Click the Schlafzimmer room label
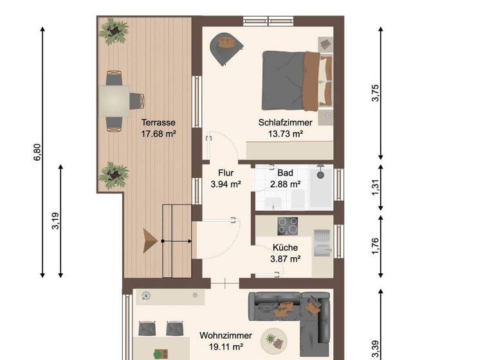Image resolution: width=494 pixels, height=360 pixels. [286, 122]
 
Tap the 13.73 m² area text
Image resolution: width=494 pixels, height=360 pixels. [286, 134]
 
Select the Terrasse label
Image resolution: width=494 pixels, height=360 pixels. [158, 122]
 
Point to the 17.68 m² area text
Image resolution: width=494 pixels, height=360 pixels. [158, 134]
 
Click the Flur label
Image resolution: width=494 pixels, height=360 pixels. [225, 172]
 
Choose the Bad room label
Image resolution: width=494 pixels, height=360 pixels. [285, 172]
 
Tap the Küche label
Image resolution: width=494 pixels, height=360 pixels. [284, 248]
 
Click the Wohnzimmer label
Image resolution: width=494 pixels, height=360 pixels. [221, 335]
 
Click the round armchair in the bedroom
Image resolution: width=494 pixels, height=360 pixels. [226, 47]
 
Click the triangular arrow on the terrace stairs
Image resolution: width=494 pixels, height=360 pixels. [151, 240]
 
